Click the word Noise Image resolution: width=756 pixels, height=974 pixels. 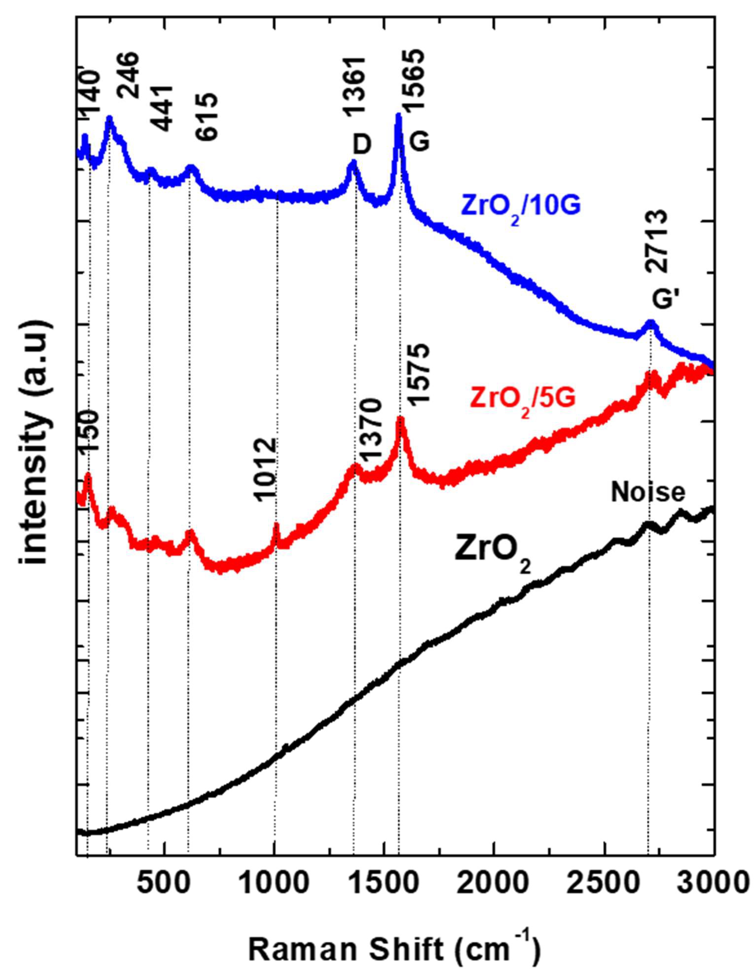pos(648,493)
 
